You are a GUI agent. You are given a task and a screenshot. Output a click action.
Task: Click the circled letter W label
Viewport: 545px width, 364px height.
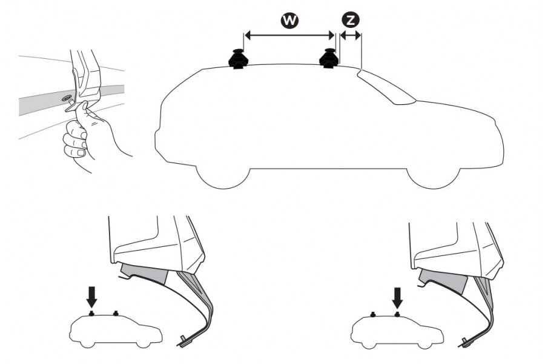pyautogui.click(x=289, y=21)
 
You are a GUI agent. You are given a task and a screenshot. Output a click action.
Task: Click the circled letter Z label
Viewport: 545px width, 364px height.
pyautogui.click(x=351, y=20)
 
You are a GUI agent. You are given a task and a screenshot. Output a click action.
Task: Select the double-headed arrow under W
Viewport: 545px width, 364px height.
pyautogui.click(x=289, y=35)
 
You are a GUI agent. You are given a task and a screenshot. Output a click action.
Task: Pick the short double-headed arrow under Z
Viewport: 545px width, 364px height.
pyautogui.click(x=351, y=35)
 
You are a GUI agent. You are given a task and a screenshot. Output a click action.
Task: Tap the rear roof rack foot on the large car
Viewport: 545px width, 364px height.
pyautogui.click(x=239, y=59)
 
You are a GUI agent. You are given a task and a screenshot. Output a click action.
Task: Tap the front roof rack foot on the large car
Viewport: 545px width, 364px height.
pyautogui.click(x=329, y=58)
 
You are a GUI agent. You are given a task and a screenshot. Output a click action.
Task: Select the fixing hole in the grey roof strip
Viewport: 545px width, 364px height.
pyautogui.click(x=67, y=98)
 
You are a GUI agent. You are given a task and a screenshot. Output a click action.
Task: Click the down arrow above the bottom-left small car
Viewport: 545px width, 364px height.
pyautogui.click(x=92, y=296)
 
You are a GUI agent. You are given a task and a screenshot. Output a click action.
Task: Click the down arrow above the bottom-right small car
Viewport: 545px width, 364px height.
pyautogui.click(x=397, y=297)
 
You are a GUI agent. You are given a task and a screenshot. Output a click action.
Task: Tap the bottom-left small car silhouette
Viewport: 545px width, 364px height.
pyautogui.click(x=116, y=330)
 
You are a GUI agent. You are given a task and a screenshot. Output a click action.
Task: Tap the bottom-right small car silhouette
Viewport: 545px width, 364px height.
pyautogui.click(x=397, y=331)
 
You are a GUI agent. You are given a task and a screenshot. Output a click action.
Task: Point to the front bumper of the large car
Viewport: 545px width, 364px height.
pyautogui.click(x=498, y=143)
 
